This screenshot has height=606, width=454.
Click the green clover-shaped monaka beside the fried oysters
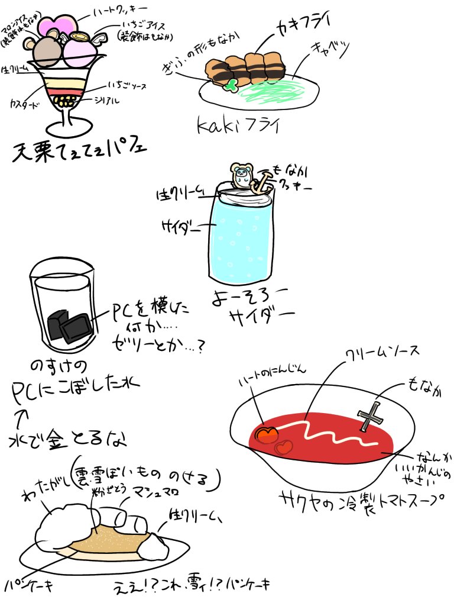pyautogui.click(x=230, y=85)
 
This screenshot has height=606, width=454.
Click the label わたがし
pyautogui.click(x=44, y=490)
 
